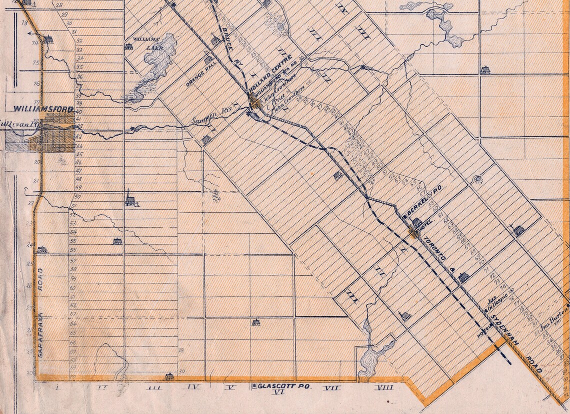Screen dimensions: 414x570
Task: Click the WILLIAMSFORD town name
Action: click(44, 109)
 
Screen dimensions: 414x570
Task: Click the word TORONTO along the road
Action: click(434, 251)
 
